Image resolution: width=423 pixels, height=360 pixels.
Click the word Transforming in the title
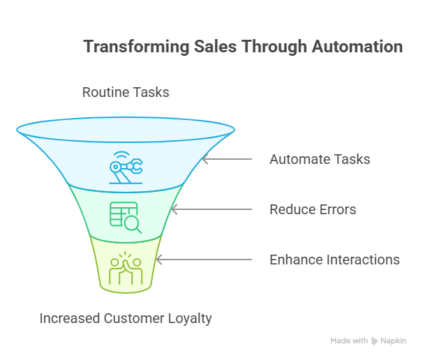136,47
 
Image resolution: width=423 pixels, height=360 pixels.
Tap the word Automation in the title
357,46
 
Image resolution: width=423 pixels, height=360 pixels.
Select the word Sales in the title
215,46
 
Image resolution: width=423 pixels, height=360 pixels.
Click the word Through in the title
274,47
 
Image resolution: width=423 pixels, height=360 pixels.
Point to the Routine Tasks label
126,92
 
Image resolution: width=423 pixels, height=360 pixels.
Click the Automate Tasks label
320,159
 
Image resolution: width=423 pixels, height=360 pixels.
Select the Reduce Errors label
313,209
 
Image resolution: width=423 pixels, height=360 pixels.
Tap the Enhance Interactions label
335,260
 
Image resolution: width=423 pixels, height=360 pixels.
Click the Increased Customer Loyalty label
126,318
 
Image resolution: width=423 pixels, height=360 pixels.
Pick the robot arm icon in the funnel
126,167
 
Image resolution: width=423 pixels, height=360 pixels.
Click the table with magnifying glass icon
126,218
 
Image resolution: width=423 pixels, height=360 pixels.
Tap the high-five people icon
126,268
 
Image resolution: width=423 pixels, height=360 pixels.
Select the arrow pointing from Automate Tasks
227,159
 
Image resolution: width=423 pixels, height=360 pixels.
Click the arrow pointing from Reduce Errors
211,209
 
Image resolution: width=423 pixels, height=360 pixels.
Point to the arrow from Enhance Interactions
204,260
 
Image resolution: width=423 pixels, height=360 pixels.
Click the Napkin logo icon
374,341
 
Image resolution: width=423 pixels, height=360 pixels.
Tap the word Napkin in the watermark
393,341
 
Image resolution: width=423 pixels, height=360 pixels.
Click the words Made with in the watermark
349,341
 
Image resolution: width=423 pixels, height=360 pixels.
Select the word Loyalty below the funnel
190,319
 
